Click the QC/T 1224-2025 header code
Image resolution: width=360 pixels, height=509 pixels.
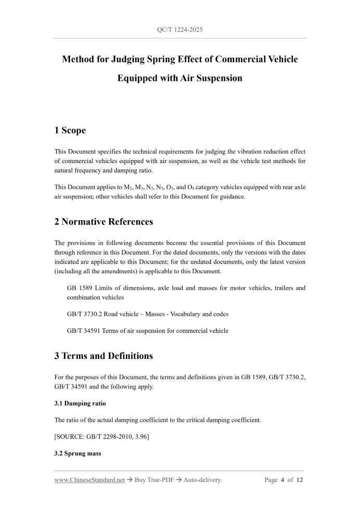(180, 30)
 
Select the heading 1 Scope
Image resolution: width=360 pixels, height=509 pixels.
(70, 130)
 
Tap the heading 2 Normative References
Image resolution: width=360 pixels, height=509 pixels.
(103, 222)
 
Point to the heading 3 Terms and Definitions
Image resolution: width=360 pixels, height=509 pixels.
(103, 356)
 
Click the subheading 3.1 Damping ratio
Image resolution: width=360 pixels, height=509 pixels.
(80, 403)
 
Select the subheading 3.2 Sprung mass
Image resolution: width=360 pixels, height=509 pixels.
(77, 453)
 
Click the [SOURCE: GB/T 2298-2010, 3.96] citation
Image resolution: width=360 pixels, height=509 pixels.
(102, 436)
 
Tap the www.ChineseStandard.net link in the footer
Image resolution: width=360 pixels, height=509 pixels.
(89, 480)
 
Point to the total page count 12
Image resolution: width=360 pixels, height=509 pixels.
(299, 480)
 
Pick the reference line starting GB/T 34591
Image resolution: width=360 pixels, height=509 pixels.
(148, 330)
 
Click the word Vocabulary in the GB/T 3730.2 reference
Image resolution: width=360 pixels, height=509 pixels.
(185, 314)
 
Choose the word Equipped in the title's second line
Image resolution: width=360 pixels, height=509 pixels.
(138, 78)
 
